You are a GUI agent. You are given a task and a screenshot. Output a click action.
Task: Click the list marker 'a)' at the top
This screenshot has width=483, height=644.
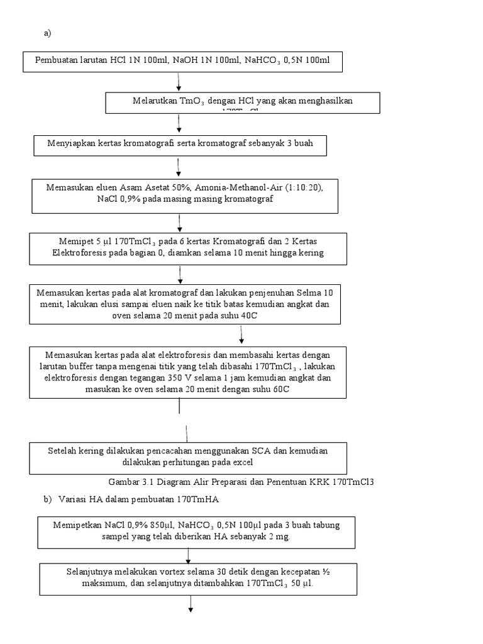click(x=47, y=33)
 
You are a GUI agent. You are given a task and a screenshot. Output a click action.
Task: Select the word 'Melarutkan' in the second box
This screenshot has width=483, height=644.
click(x=155, y=101)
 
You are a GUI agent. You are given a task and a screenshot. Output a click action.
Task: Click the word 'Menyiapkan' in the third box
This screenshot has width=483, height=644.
click(x=70, y=143)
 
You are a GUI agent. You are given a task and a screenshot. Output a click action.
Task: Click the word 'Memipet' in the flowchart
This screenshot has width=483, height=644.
click(x=72, y=241)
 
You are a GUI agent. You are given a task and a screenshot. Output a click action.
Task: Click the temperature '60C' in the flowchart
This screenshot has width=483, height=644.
click(x=279, y=389)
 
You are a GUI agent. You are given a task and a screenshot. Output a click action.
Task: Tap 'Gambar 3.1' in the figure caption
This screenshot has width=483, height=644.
click(x=129, y=482)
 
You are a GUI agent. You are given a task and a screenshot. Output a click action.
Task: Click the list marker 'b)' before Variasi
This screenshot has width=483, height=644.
click(x=47, y=500)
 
